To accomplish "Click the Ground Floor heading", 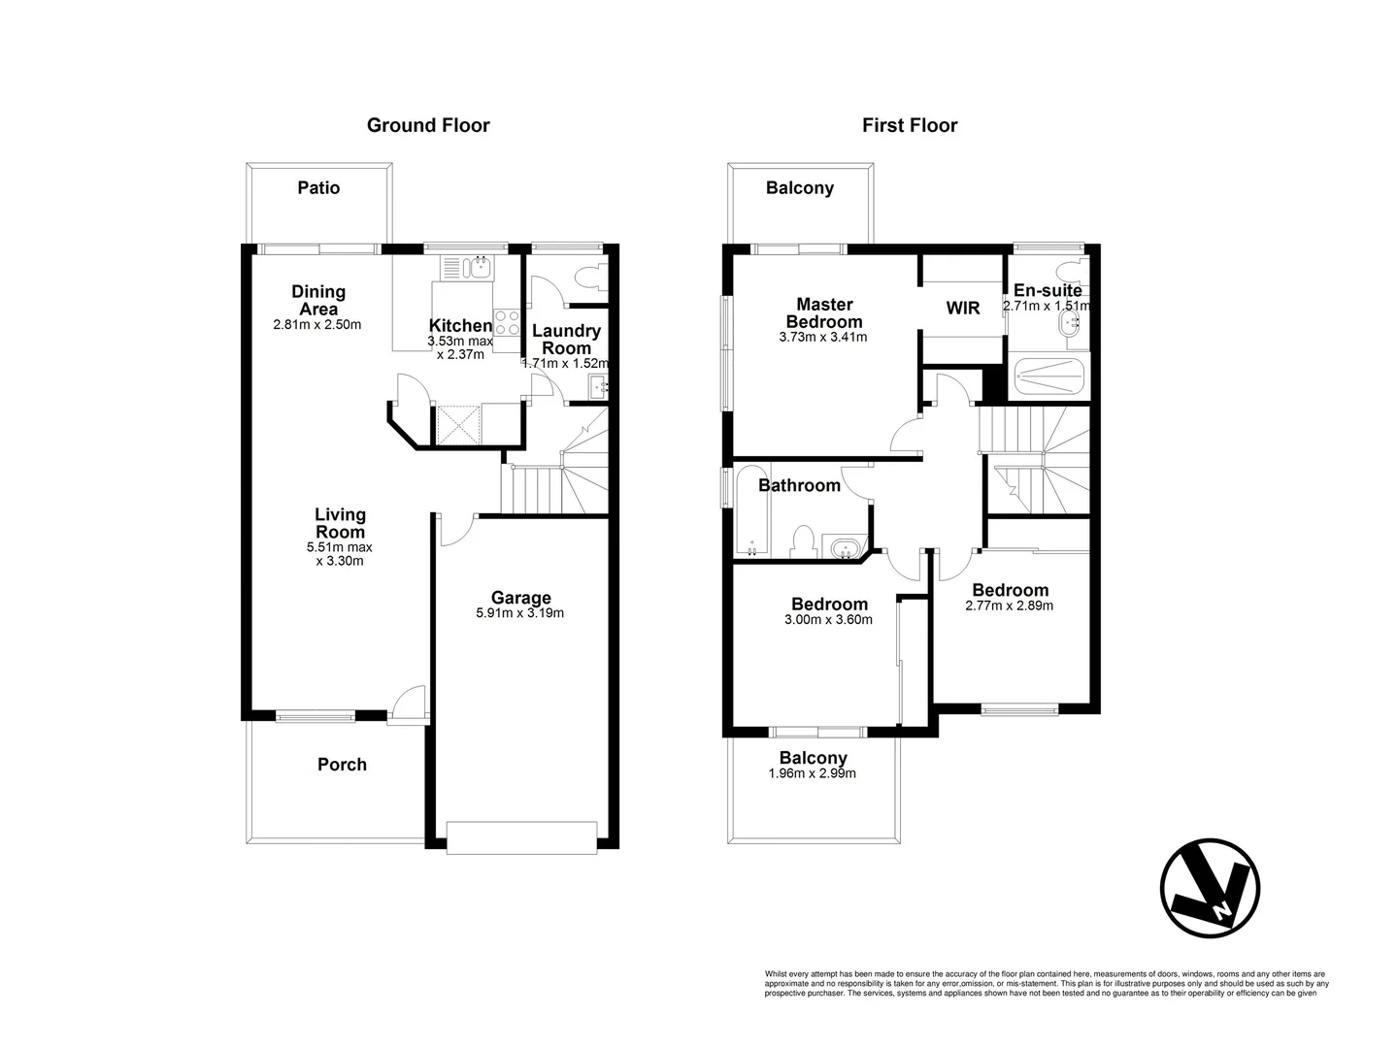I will click(428, 125).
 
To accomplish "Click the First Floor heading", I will click(910, 125).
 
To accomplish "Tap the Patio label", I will click(318, 187).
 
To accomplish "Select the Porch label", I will click(342, 765).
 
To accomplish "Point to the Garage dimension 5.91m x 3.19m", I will click(520, 613).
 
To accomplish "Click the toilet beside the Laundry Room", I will click(587, 277).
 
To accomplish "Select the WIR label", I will click(963, 308).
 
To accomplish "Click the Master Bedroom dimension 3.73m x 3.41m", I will click(823, 338).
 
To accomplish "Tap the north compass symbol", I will click(1210, 888).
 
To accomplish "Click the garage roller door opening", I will click(521, 838).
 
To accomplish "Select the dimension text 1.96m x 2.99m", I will click(813, 774).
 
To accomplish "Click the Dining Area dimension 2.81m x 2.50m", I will click(317, 325).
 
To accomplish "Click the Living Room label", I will click(340, 523).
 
